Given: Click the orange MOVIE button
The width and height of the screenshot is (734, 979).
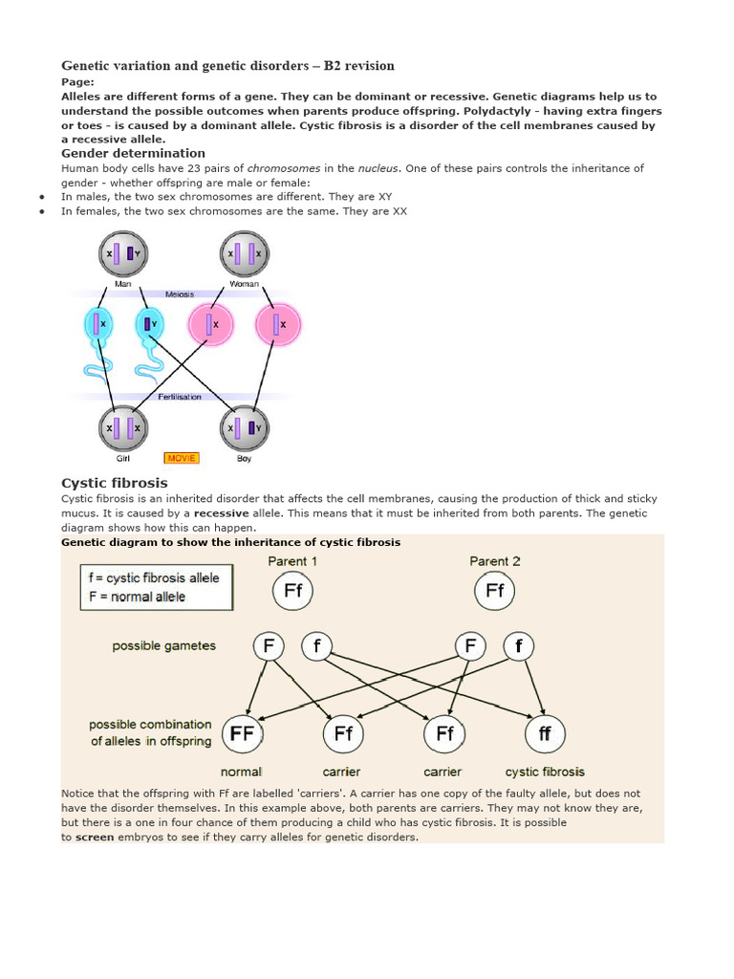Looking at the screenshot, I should (x=181, y=458).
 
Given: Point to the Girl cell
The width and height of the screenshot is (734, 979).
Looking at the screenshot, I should (x=122, y=427).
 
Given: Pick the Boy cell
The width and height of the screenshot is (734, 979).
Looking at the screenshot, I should (x=245, y=427).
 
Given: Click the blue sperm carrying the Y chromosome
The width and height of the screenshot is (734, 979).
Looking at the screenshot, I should (x=150, y=325).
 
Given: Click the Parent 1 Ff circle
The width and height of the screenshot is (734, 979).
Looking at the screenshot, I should (x=292, y=591).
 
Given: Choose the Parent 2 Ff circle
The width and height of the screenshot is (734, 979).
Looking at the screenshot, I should (x=494, y=591).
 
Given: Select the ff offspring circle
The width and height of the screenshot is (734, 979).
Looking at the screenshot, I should (x=545, y=734).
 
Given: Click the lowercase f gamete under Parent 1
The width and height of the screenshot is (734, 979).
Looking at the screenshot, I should (x=317, y=646).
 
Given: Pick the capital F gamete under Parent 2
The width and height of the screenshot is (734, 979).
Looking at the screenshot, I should (x=470, y=646).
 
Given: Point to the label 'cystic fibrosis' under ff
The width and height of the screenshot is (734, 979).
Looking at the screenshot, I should (x=545, y=772).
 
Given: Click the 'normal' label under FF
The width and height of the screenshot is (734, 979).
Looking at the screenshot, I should (x=241, y=772).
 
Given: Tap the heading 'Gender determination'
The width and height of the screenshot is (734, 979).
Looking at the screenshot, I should (x=133, y=153).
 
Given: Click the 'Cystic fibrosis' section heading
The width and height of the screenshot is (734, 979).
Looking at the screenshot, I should (x=114, y=483).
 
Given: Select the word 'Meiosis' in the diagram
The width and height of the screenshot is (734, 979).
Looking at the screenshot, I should (x=180, y=294).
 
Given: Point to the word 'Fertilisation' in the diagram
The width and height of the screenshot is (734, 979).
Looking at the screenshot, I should (x=180, y=397).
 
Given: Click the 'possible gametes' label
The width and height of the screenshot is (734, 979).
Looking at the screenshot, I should (x=163, y=645).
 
